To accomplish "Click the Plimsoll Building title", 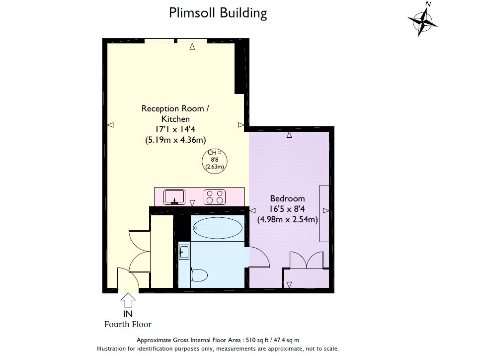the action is tap(218, 13).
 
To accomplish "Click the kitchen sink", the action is tap(174, 197).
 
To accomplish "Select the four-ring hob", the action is tap(215, 197).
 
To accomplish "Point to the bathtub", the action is tap(218, 228).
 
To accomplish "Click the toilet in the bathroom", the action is tap(199, 275).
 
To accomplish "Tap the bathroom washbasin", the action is tap(184, 252).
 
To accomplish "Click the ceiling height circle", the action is tap(215, 161).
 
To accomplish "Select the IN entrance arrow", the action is tap(128, 300).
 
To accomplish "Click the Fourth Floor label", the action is tap(128, 324).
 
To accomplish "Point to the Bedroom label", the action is tap(288, 199).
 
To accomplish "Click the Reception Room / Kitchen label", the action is tap(175, 114).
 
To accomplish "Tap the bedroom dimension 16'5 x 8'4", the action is tap(287, 209).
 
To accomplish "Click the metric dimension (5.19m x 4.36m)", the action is tap(175, 140).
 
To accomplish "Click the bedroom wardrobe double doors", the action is tap(307, 260).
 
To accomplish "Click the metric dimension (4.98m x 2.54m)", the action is tap(288, 219).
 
